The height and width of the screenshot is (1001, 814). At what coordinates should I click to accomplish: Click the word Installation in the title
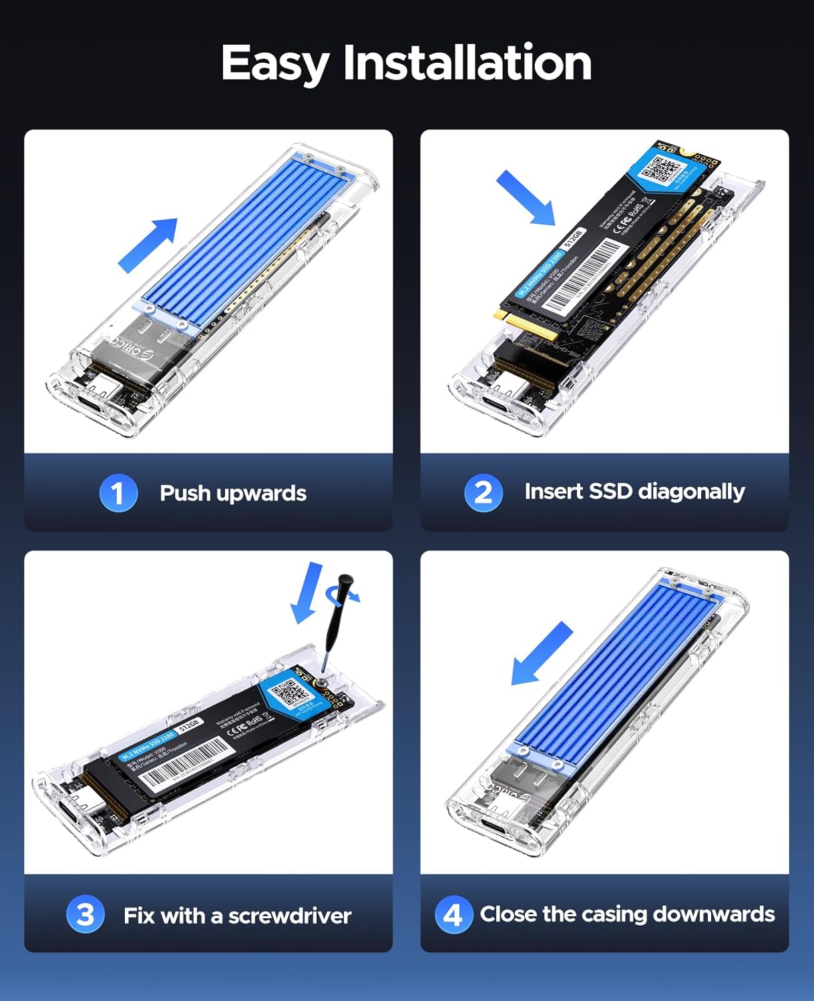point(467,63)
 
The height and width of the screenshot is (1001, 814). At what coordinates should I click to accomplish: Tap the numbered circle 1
point(118,493)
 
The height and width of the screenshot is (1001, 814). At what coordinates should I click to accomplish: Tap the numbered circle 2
point(483,492)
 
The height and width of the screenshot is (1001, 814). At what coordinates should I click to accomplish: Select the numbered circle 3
point(85,914)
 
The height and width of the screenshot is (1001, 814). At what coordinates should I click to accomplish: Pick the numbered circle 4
point(453,914)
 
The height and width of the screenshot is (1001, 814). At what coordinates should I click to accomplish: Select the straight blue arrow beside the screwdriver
point(307,593)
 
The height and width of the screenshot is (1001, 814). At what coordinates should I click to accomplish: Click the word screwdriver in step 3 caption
point(289,916)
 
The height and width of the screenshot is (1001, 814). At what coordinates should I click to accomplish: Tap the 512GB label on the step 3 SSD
point(190,725)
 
